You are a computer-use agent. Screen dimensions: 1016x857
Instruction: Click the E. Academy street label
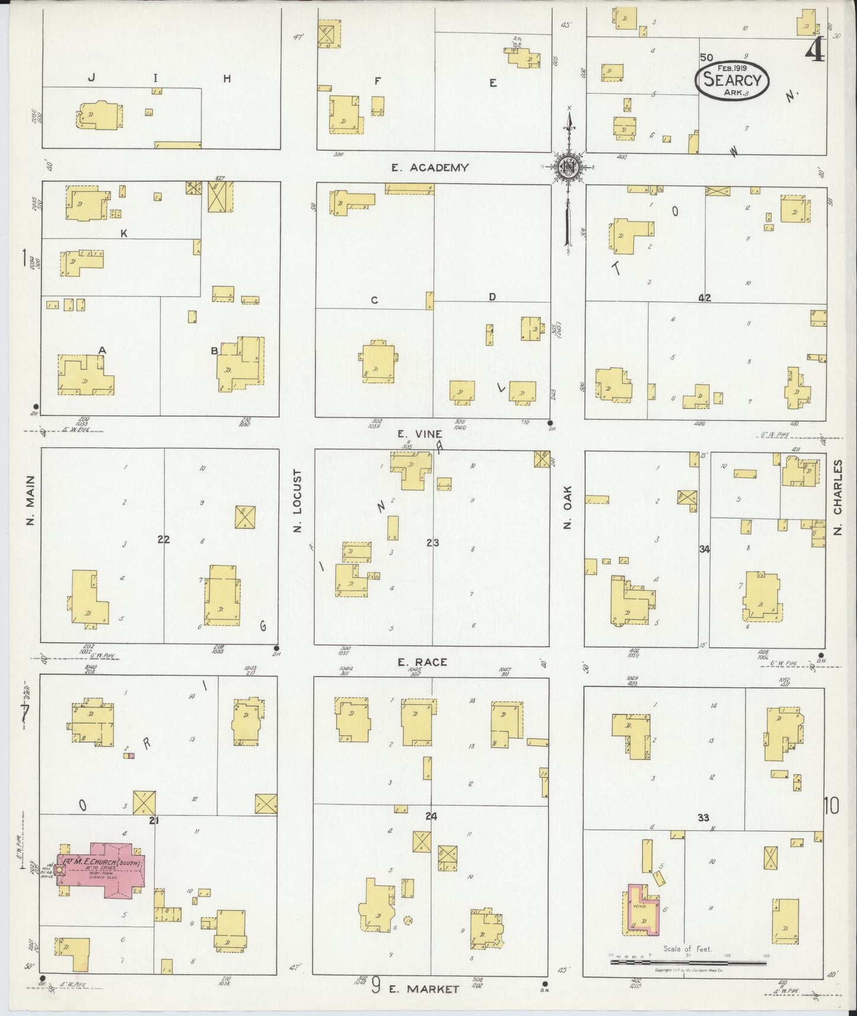tap(430, 168)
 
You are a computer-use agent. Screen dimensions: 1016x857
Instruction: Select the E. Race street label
tap(422, 662)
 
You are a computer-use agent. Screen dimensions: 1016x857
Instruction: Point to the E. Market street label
tap(424, 989)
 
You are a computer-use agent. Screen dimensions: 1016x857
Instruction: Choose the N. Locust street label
tap(298, 501)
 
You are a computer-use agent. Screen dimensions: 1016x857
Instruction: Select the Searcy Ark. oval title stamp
tap(732, 81)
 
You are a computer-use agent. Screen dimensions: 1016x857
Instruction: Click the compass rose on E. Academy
tap(568, 167)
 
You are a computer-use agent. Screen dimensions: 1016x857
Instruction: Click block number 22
tap(164, 539)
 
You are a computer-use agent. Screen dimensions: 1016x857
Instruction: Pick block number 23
tap(432, 542)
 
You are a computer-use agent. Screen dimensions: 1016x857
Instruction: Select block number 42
tap(705, 298)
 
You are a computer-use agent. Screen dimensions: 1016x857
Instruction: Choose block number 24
tap(431, 816)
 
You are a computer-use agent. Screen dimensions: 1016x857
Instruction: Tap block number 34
tap(704, 549)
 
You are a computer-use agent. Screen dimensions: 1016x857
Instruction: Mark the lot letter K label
tap(124, 234)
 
